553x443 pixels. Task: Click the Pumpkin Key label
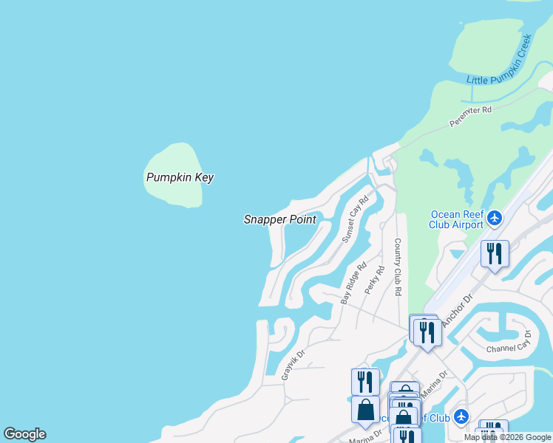coord(180,177)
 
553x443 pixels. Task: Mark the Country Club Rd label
coord(398,267)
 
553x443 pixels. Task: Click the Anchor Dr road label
coord(457,312)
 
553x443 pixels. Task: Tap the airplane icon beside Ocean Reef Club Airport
coord(495,218)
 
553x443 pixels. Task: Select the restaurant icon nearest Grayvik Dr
coord(364,382)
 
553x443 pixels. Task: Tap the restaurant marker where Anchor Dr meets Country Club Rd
coord(427,332)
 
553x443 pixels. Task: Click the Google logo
coord(24,434)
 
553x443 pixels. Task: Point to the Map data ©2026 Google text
coord(507,437)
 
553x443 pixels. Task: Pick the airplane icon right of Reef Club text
coord(461,417)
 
